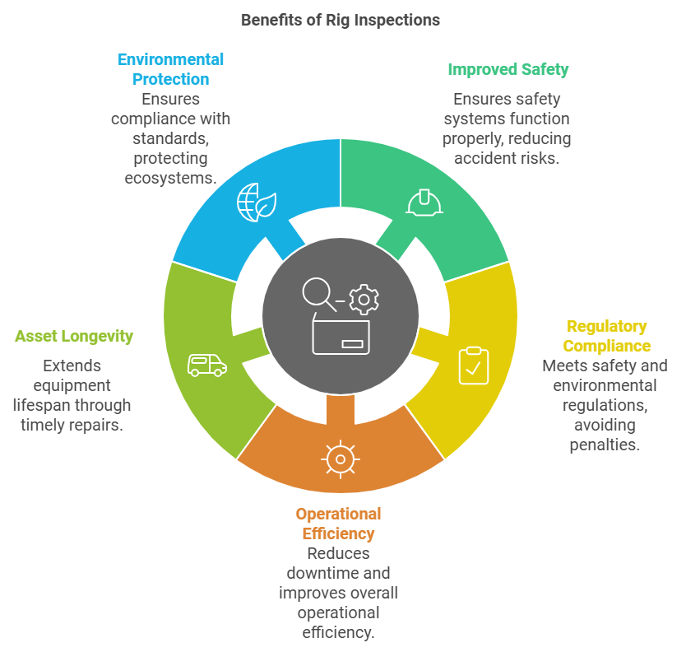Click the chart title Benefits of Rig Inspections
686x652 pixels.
341,20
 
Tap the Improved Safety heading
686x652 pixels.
508,69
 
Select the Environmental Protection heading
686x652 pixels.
170,69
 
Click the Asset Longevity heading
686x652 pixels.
74,336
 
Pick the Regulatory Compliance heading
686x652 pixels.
607,336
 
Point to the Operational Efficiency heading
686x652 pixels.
338,524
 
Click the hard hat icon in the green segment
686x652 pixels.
425,201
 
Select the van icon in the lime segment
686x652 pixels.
206,364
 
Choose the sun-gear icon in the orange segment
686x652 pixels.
340,459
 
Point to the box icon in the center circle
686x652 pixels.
341,337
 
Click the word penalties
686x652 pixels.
605,445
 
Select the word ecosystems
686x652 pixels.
170,177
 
